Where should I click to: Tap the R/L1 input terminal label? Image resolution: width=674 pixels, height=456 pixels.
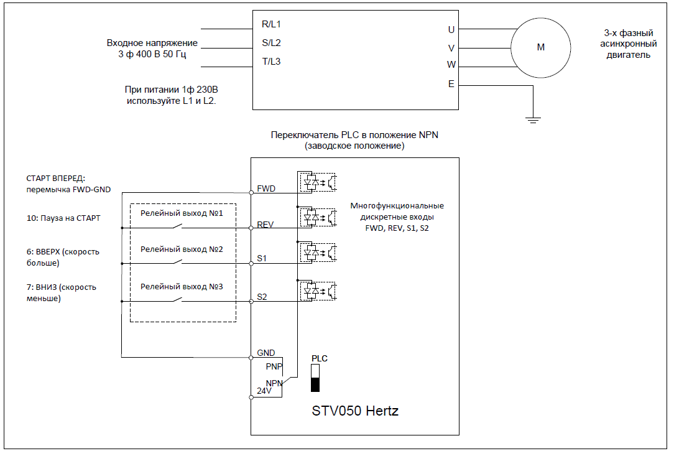(x=271, y=24)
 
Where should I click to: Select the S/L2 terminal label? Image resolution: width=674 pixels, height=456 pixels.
(x=271, y=42)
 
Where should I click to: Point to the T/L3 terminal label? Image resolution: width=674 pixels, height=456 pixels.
(x=271, y=62)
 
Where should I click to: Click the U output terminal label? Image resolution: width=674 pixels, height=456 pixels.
(x=451, y=30)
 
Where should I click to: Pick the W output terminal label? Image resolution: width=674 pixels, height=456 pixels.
(x=451, y=65)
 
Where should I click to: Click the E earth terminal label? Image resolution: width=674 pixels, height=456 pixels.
(x=451, y=84)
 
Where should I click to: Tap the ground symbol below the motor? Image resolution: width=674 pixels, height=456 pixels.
(x=533, y=120)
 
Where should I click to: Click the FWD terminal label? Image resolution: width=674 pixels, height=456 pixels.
(x=266, y=188)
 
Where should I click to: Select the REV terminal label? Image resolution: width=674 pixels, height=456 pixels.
(x=265, y=224)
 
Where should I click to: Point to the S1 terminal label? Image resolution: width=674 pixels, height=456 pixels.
(x=262, y=258)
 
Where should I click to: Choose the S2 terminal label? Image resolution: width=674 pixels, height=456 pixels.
(x=262, y=297)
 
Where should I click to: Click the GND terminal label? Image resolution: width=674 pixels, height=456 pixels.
(x=266, y=353)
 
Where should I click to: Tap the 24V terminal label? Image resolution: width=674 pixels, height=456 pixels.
(x=264, y=391)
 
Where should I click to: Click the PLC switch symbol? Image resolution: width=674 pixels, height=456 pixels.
(x=315, y=378)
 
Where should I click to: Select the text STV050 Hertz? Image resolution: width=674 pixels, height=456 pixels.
(x=355, y=411)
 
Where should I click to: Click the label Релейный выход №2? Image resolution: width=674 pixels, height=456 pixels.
(x=182, y=249)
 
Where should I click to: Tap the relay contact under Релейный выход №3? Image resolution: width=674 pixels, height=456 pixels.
(x=177, y=299)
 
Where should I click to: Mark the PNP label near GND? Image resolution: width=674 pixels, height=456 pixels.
(x=274, y=366)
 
